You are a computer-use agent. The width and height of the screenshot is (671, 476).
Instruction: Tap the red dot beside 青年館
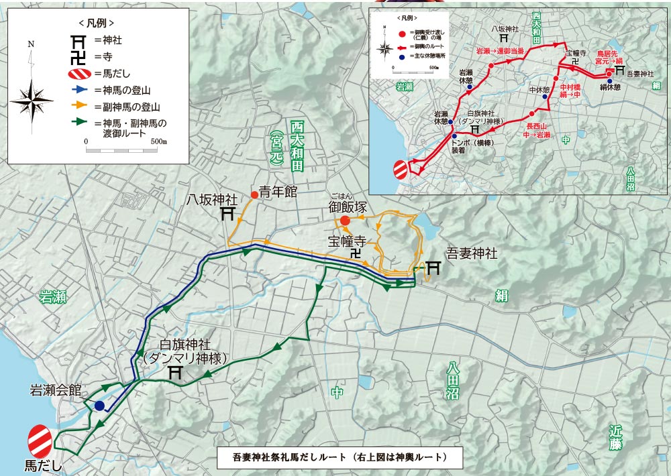[x=254, y=195]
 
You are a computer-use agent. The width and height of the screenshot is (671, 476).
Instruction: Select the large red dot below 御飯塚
[x=344, y=221]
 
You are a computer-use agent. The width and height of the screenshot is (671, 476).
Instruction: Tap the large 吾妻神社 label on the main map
[x=472, y=254]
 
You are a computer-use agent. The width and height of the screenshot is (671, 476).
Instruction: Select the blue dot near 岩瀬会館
[x=99, y=406]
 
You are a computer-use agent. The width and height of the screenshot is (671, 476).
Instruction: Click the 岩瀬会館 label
[x=55, y=389]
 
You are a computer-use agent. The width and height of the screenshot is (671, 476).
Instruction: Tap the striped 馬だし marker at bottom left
[x=41, y=440]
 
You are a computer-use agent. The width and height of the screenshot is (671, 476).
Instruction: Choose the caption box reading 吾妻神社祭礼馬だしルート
[x=340, y=458]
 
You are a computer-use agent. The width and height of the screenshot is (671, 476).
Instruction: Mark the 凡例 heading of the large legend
[x=98, y=21]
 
